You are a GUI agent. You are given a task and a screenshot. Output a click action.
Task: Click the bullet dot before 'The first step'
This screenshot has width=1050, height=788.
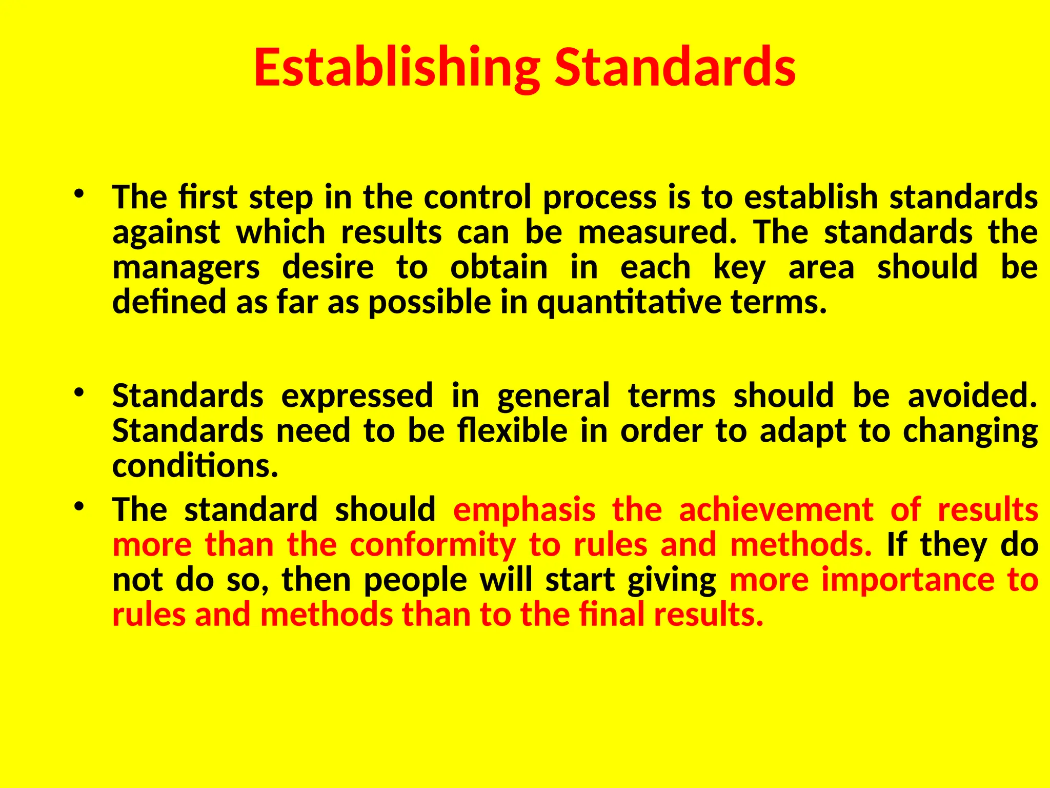click(78, 194)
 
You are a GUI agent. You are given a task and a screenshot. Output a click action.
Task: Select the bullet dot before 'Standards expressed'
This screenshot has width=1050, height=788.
click(78, 393)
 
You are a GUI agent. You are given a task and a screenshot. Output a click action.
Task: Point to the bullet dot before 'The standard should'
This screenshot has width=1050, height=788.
click(78, 507)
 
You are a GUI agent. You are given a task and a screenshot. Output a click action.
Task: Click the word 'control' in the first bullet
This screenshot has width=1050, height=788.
click(477, 198)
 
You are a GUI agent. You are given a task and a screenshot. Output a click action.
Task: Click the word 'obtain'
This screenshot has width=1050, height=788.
click(499, 267)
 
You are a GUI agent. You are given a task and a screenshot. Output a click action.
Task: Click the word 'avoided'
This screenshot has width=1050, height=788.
click(972, 396)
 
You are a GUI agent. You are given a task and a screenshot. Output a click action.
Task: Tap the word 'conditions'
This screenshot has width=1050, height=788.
click(195, 466)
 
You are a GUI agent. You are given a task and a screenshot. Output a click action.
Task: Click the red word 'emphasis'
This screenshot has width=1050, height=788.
click(524, 511)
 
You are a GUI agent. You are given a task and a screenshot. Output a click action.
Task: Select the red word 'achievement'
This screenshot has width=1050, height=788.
click(776, 510)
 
